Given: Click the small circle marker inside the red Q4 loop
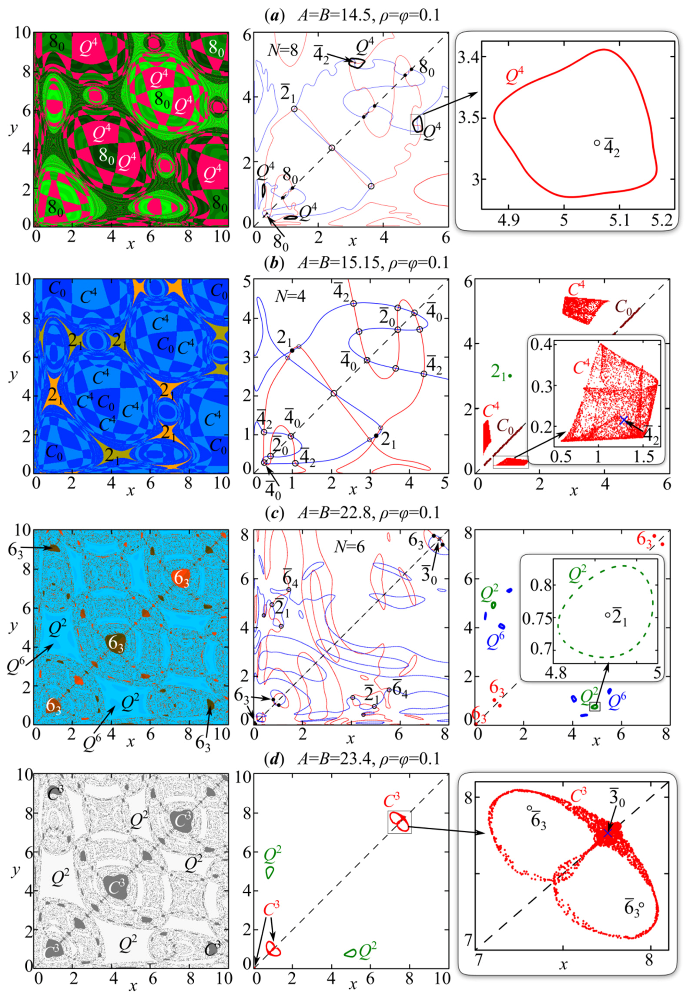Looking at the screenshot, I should click(597, 143).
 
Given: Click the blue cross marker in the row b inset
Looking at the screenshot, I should click(623, 420).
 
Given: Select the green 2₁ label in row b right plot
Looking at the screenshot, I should click(499, 371).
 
